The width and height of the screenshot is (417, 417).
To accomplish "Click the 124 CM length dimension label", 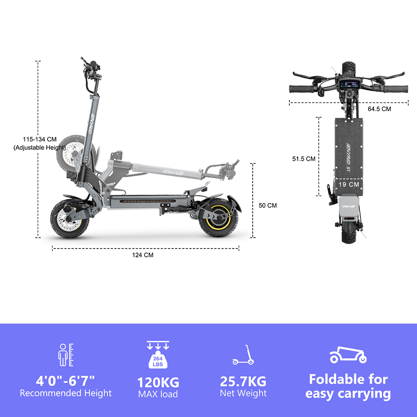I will click(146, 255).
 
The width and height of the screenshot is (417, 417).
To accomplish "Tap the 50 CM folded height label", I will click(267, 206).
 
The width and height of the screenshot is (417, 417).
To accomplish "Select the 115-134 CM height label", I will click(40, 139).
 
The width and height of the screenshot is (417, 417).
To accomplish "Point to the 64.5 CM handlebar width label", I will click(379, 109).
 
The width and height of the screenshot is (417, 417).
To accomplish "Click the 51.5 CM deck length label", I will click(304, 158).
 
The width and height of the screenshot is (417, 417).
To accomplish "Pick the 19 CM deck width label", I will click(349, 184).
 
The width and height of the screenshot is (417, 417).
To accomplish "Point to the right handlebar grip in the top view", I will click(397, 89).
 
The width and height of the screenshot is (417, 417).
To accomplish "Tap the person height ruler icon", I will click(65, 355).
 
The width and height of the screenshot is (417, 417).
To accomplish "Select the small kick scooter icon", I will click(243, 355).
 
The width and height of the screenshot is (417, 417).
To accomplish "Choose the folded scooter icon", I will click(348, 354).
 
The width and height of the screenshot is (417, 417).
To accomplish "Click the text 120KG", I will click(158, 382).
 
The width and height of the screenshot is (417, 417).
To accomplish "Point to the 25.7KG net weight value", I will click(243, 381).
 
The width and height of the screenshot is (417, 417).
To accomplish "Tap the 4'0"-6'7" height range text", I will click(65, 380).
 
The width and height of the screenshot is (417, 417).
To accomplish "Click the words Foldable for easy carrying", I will click(348, 387).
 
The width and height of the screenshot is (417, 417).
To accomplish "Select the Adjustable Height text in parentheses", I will click(40, 147).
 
